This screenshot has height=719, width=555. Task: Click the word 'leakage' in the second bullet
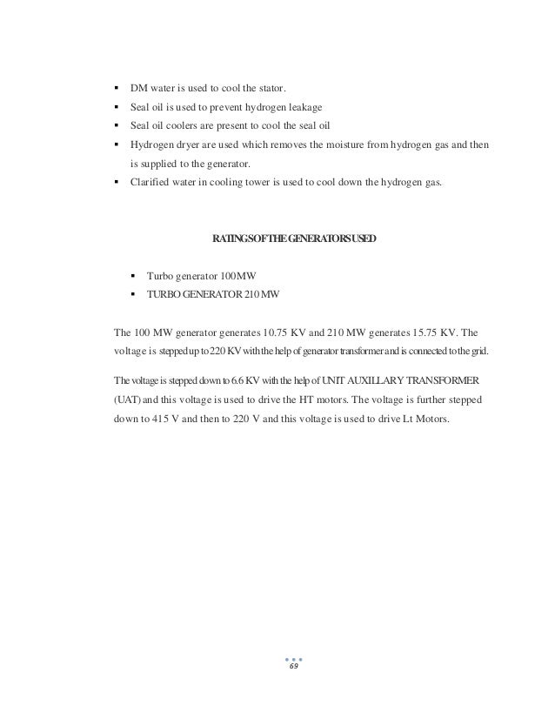point(300,107)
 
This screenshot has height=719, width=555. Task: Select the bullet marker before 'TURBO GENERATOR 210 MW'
point(133,294)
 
